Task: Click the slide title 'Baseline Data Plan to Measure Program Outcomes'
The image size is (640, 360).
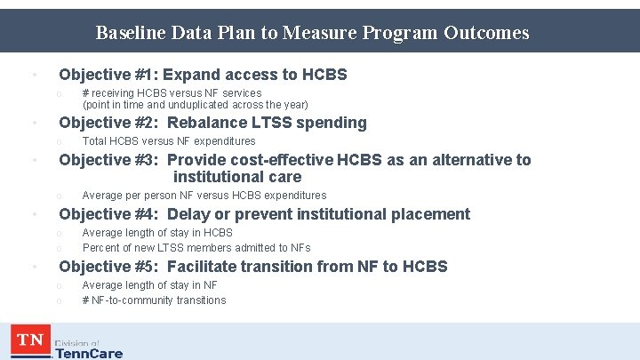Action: click(312, 33)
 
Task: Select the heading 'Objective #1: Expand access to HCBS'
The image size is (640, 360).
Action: click(203, 75)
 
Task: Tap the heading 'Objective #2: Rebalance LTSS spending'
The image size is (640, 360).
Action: click(212, 123)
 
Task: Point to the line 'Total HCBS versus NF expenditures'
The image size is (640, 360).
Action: click(169, 141)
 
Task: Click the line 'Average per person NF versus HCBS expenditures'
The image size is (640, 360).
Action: click(204, 196)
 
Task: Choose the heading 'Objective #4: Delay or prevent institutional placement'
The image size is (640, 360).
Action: click(264, 214)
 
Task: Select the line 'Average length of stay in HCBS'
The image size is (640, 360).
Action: click(157, 233)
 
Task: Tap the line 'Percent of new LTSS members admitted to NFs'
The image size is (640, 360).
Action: click(196, 248)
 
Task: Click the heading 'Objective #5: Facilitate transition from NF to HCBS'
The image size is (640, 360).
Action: click(253, 267)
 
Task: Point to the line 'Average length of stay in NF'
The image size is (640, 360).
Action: click(150, 285)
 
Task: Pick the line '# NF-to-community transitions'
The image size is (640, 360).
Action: click(154, 300)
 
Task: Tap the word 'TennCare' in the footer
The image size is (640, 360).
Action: click(89, 353)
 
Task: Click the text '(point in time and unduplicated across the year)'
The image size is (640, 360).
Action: click(196, 105)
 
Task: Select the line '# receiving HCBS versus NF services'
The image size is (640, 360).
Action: click(172, 93)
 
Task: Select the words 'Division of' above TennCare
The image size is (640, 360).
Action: click(76, 343)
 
